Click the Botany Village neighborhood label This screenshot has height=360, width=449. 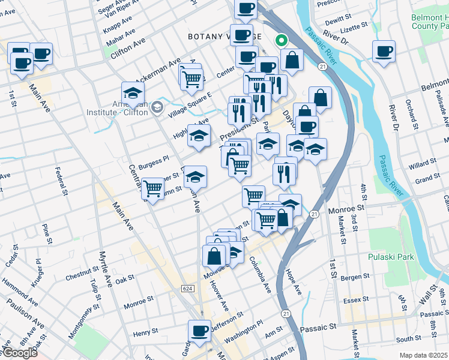click(x=224, y=37)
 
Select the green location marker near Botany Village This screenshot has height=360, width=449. click(x=280, y=41)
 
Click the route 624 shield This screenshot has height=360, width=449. click(x=188, y=289)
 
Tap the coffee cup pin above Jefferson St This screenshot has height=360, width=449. click(x=199, y=330)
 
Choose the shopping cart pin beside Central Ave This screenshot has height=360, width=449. click(x=153, y=189)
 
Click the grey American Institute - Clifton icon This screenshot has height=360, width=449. click(x=157, y=107)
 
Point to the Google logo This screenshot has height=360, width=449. click(x=19, y=353)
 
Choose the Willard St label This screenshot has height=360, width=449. click(x=423, y=162)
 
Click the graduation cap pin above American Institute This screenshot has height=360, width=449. click(x=133, y=92)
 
